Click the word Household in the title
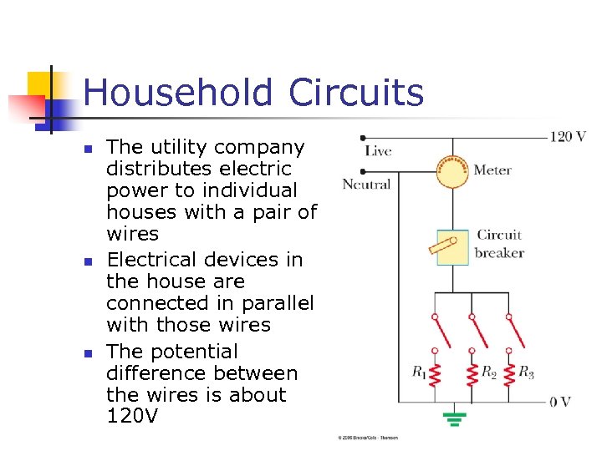click(x=179, y=94)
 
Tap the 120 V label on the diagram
click(x=568, y=136)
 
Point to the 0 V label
click(x=560, y=402)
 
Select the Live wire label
click(x=378, y=151)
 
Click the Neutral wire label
click(x=366, y=184)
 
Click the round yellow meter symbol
click(x=453, y=171)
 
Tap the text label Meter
click(x=492, y=170)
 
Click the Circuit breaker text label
click(x=499, y=244)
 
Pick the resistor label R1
click(x=419, y=372)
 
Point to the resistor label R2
click(x=489, y=372)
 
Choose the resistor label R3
click(x=526, y=372)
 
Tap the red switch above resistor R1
click(x=436, y=334)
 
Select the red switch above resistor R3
click(x=509, y=334)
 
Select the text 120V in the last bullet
click(x=133, y=416)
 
